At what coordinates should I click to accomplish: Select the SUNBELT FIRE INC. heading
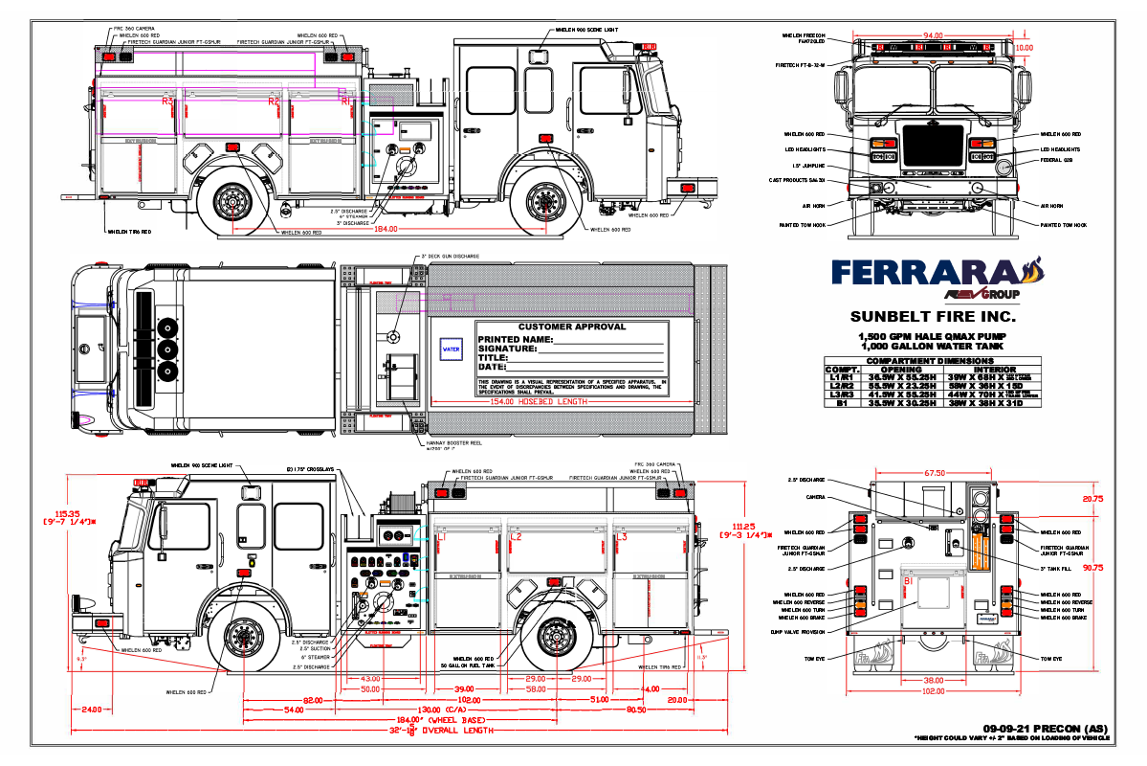[x=934, y=317]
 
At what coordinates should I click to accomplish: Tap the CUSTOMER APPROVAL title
[x=572, y=327]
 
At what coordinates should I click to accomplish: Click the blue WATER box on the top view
[x=451, y=349]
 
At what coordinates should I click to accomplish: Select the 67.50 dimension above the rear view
[x=935, y=472]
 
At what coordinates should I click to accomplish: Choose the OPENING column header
[x=901, y=369]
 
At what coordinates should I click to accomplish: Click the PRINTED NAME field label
[x=516, y=339]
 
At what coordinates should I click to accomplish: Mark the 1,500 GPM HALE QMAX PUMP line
[x=934, y=337]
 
